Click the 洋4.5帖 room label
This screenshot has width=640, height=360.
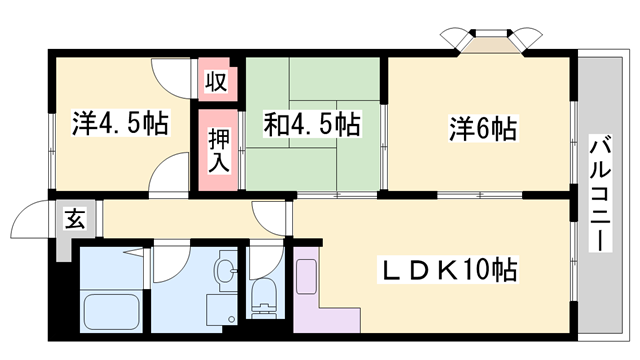(x=119, y=126)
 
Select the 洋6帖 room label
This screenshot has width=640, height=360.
(x=482, y=129)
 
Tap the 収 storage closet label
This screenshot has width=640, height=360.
(x=215, y=80)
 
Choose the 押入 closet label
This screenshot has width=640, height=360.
(x=218, y=150)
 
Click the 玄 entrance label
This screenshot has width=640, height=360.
(x=75, y=219)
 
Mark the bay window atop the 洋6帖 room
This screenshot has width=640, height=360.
(x=489, y=40)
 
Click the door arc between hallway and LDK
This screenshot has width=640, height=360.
(x=271, y=214)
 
